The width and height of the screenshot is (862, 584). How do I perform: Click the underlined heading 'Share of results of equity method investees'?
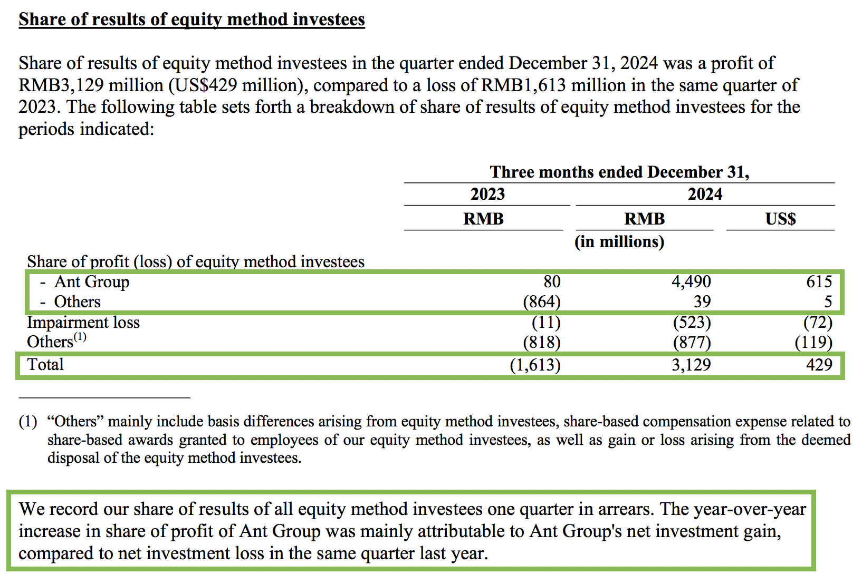coord(191,20)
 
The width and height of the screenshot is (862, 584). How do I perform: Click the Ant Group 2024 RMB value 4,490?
coord(691,282)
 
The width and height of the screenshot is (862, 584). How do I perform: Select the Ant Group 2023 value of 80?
coord(552,282)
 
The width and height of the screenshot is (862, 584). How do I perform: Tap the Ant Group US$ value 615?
coord(819,282)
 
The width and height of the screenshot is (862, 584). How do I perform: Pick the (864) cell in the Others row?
coord(541,302)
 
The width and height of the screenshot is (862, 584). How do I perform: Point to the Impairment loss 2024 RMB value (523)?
coord(692,322)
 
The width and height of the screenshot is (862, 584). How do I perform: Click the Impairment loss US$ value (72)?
coord(818,322)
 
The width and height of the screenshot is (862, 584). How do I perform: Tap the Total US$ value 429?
coord(819,364)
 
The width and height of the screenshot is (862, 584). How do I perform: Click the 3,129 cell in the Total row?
coord(691,364)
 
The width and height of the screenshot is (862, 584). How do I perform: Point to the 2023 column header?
coord(487,194)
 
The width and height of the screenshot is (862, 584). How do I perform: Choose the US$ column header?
coord(780,219)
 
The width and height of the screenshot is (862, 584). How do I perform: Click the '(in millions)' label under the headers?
coord(619,242)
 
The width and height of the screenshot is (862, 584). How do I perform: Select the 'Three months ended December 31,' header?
coord(619,172)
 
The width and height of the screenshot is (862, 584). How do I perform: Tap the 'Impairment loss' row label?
coord(83,322)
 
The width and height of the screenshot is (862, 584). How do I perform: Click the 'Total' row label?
coord(45,364)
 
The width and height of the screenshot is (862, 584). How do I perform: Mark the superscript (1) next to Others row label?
coord(80,337)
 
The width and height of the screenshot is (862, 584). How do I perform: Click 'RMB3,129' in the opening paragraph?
coord(61,85)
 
